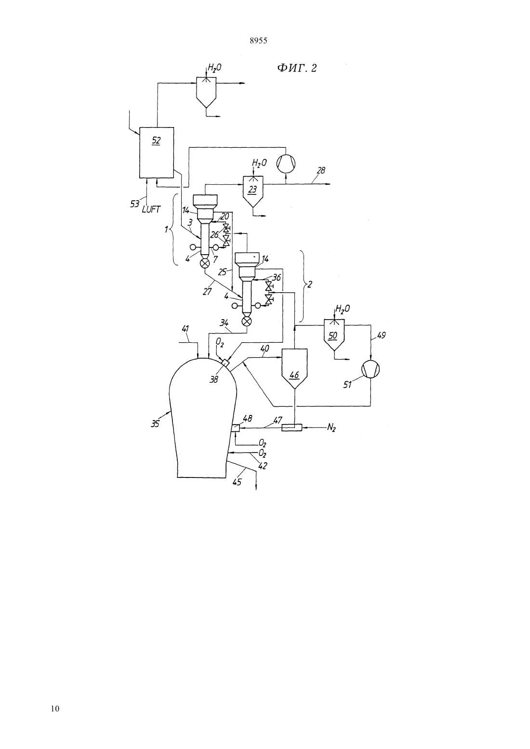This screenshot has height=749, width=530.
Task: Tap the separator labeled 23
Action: point(253,191)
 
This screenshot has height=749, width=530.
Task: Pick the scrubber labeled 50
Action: point(334,335)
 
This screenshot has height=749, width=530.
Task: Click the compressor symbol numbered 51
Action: point(371,370)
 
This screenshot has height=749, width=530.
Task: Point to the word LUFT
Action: point(151,210)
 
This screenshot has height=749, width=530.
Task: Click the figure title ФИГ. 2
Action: point(296,68)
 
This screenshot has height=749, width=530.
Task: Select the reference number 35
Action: point(155,424)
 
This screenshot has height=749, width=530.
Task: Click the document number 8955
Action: point(258,41)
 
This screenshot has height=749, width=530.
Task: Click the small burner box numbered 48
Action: point(236,428)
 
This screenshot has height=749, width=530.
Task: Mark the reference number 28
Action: point(320,170)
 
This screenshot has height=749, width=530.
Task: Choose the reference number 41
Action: point(185,329)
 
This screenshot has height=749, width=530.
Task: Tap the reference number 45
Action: point(237,482)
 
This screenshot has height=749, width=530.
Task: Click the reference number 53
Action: point(134,204)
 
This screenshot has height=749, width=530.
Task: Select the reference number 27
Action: point(208,292)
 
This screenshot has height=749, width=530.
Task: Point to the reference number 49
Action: point(381,335)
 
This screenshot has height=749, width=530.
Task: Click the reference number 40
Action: point(265,349)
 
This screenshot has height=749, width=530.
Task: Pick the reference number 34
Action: point(224,323)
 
